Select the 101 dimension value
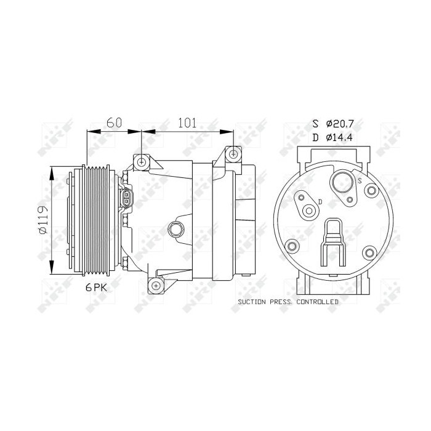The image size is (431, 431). pos(187,123)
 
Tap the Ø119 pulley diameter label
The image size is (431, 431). pos(42,220)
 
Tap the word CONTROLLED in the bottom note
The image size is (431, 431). pos(318,302)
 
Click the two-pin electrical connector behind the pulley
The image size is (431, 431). pos(126,199)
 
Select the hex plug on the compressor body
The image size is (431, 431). pos(177,229)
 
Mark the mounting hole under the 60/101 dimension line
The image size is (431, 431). pos(143,162)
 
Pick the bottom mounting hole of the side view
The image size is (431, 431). pos(155,286)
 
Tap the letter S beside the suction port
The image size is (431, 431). pos(359,180)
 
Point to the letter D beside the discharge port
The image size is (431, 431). pos(320,201)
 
